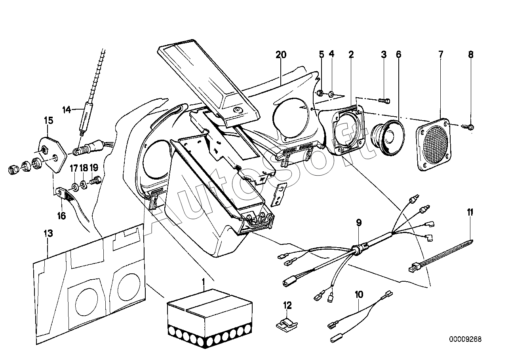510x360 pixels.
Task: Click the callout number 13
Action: click(48, 234)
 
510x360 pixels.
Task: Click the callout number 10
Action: click(359, 294)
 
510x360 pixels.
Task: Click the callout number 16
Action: click(61, 216)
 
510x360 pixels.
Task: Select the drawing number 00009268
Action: click(465, 339)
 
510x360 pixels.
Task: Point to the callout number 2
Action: click(351, 55)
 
